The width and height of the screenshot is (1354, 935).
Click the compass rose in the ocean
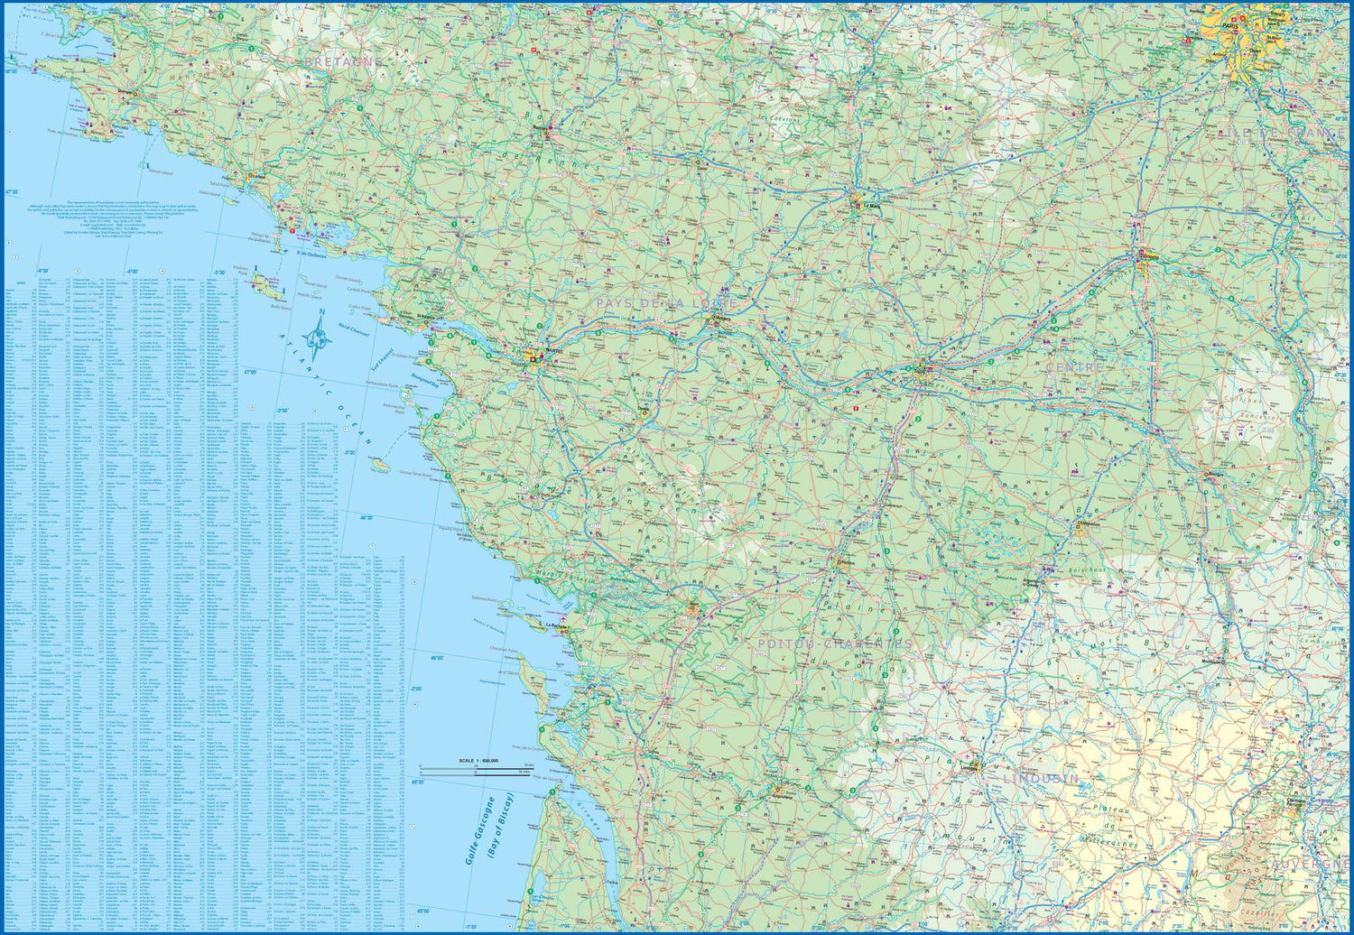pos(316,339)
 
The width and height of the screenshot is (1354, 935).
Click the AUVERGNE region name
pos(1309,864)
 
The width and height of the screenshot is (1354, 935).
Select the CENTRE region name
pos(1074,368)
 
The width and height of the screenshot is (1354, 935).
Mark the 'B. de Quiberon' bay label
pos(311,255)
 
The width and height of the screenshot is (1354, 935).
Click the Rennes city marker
pos(544,128)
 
